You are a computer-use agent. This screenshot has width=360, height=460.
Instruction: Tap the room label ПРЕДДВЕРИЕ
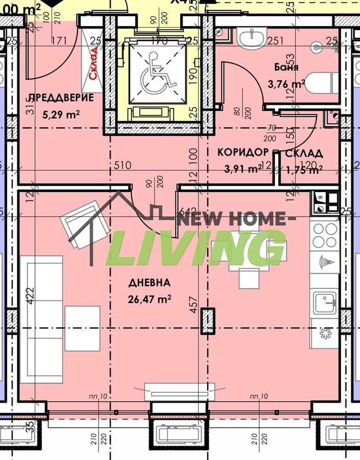click(61, 98)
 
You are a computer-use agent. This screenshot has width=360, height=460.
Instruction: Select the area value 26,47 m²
click(150, 299)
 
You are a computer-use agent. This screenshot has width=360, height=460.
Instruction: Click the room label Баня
click(286, 67)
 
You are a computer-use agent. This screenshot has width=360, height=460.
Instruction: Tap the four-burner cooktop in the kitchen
click(325, 235)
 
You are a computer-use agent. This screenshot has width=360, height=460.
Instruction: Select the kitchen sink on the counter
click(324, 302)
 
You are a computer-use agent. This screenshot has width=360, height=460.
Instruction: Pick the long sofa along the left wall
click(45, 319)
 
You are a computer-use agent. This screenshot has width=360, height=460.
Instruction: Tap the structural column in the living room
click(208, 321)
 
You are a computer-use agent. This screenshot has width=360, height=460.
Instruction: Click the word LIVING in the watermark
click(197, 249)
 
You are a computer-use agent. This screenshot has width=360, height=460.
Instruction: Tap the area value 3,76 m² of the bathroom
click(286, 85)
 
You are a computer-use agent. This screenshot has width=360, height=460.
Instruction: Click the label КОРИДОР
click(243, 153)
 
